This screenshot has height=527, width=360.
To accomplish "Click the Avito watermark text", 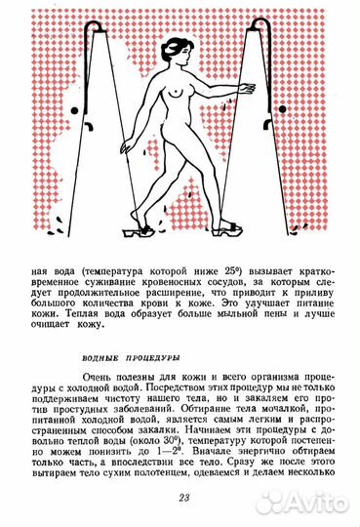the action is point(313,505).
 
